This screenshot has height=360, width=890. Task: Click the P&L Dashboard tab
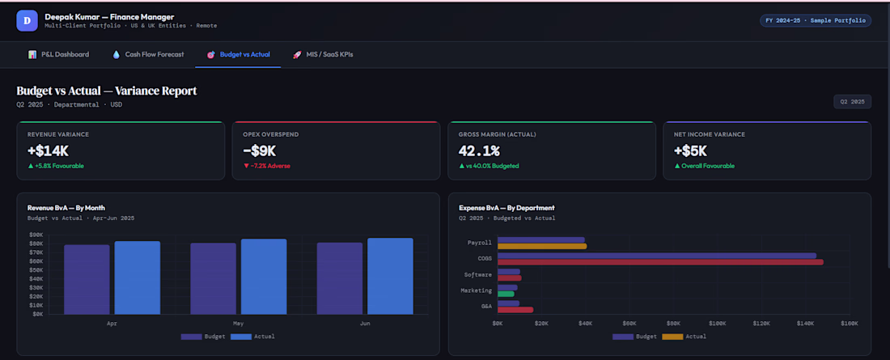pos(58,54)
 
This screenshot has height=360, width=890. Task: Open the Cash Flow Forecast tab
pos(147,54)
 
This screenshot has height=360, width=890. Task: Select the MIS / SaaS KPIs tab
pos(322,54)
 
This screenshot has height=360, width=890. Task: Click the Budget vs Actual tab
pos(238,54)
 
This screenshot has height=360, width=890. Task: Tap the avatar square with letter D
pos(27,20)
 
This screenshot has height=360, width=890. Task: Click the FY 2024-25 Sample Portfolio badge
pos(815,20)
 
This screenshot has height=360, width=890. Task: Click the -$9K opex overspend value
pos(260,150)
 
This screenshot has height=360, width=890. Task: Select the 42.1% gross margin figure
pos(479,150)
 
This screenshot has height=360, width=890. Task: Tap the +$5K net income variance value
pos(690,150)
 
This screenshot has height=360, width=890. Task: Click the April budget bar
pos(87,279)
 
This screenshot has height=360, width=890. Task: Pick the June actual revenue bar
pos(390,276)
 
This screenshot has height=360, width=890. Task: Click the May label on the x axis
pos(239,323)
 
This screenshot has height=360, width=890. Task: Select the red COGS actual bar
pos(660,262)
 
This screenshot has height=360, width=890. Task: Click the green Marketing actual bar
pos(506,294)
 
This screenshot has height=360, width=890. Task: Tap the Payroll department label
pos(480,243)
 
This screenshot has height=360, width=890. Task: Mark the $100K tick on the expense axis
pos(718,323)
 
